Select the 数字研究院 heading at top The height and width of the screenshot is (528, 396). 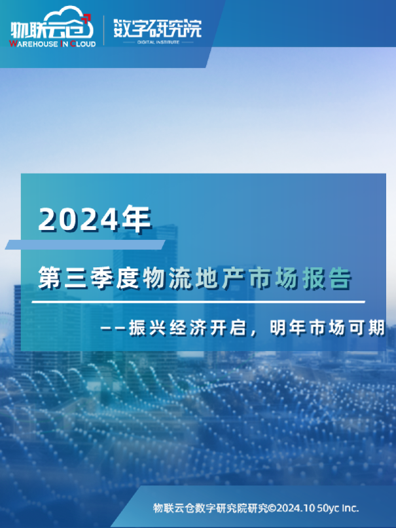coord(157,28)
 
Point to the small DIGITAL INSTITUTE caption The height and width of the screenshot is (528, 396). coord(157,41)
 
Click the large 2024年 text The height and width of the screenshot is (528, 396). coord(95,219)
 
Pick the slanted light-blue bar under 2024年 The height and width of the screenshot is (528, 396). coord(85,245)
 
